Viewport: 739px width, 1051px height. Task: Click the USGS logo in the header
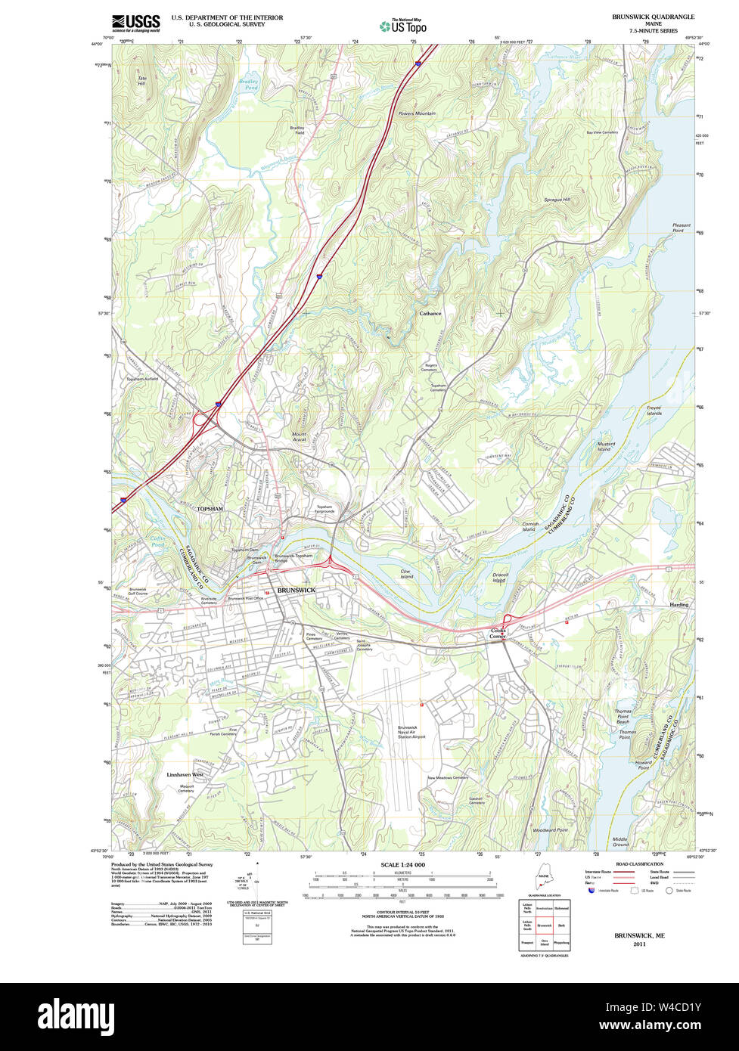(135, 22)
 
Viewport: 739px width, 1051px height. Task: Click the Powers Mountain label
(417, 113)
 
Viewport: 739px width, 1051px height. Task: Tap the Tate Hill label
(141, 80)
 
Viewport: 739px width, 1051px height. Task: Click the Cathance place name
(430, 313)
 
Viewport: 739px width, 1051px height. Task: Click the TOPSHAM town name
(212, 510)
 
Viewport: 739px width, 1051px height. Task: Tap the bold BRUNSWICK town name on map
(296, 590)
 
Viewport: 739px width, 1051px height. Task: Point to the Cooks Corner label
(498, 633)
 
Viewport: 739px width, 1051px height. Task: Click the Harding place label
(678, 605)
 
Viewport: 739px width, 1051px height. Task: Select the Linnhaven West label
(185, 775)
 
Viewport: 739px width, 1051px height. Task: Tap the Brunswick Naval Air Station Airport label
(411, 731)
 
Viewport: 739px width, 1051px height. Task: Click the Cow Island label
(406, 574)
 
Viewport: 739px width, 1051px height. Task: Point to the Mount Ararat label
(300, 436)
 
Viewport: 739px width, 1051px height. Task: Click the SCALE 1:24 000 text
(402, 865)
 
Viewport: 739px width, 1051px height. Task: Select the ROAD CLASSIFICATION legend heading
(618, 863)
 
